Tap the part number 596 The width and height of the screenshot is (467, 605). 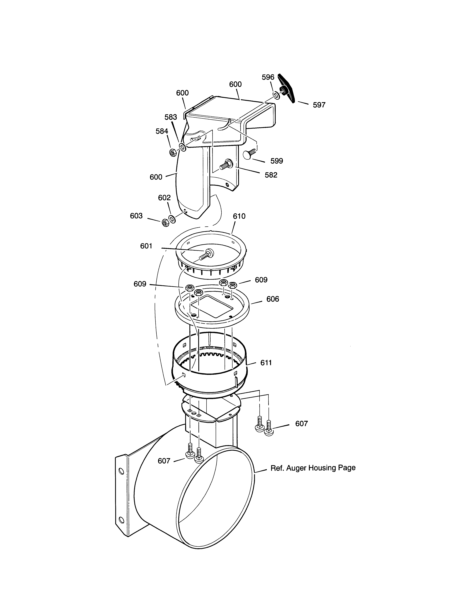click(x=268, y=77)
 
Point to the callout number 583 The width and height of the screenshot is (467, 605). click(x=171, y=117)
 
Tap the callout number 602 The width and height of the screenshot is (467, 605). click(x=164, y=198)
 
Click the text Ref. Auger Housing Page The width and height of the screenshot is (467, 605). click(x=313, y=468)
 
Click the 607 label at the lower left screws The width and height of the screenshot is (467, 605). click(x=164, y=461)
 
